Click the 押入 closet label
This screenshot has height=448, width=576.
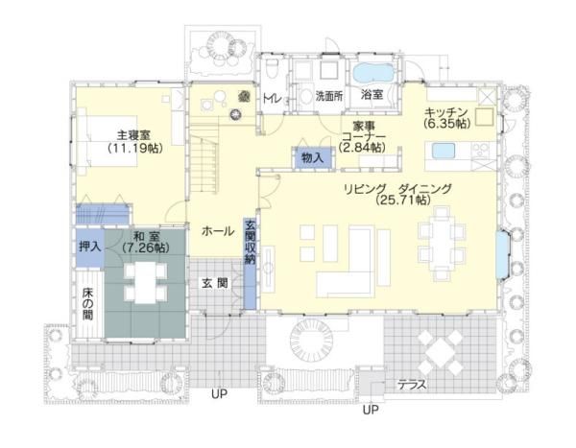coord(89,247)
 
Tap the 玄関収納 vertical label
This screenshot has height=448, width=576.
coord(251,244)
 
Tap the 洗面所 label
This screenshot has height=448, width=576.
coord(329,96)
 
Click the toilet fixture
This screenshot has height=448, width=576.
coord(274,69)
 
